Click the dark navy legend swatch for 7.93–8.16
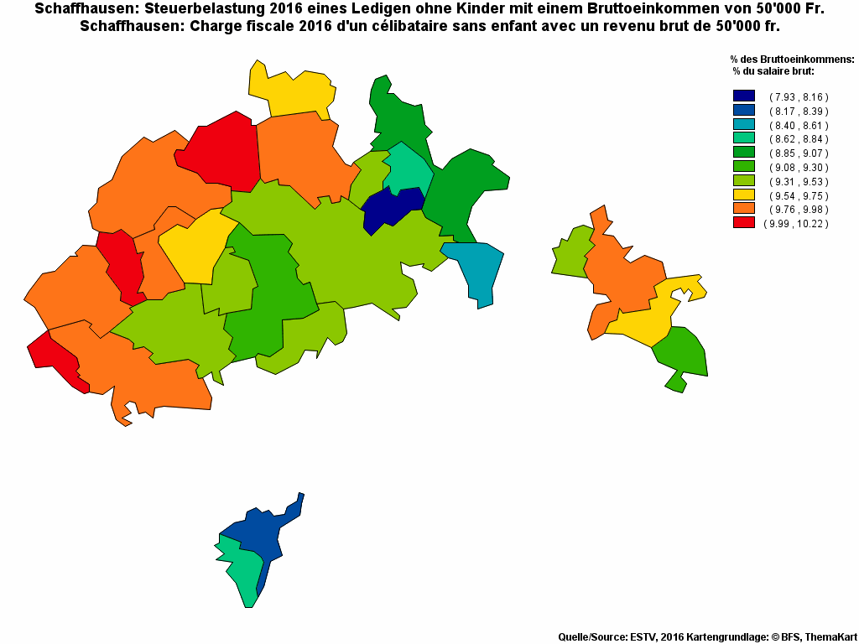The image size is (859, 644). (x=743, y=96)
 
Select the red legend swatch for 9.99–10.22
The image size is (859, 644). (x=743, y=223)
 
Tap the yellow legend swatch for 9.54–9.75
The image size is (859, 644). (x=743, y=195)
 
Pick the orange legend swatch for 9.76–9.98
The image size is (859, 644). (x=743, y=209)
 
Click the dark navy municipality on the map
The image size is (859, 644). (x=391, y=208)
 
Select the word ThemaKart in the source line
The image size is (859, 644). (x=830, y=637)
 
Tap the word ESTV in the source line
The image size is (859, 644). (x=643, y=637)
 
